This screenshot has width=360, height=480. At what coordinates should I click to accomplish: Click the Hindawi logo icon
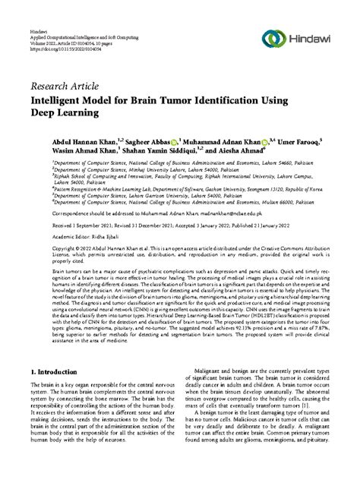click(x=273, y=39)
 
